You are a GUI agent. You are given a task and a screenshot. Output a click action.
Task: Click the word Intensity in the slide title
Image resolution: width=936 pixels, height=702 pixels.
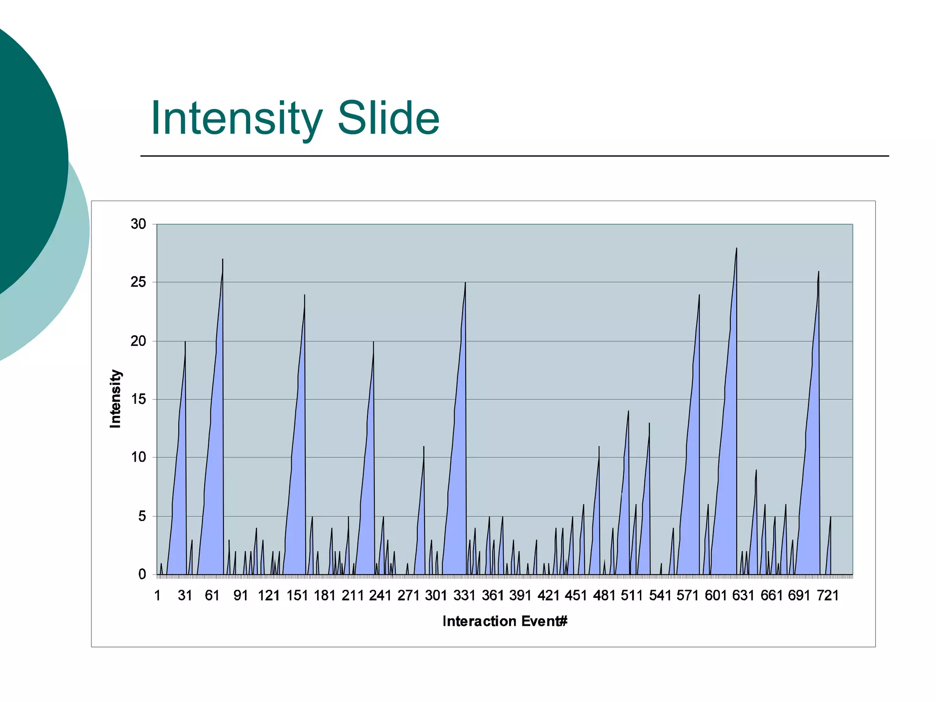pos(236,119)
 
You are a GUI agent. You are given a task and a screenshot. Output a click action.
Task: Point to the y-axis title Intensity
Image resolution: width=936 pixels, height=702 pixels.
pos(116,399)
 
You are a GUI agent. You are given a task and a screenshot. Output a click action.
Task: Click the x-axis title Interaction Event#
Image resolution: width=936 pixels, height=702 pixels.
pos(505,621)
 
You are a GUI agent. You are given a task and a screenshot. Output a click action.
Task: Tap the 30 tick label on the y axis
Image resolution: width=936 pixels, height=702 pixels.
pos(138,224)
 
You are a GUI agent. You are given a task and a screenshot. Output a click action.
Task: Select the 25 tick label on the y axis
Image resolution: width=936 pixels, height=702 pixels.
pos(138,282)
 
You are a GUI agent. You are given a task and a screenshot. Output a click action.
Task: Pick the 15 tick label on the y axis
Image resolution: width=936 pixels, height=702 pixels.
pos(138,399)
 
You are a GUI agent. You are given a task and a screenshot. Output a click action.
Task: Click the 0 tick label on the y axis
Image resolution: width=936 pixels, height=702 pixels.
pos(142,574)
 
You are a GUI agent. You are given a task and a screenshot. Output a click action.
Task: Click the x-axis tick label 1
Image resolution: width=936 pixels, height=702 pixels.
pos(158,596)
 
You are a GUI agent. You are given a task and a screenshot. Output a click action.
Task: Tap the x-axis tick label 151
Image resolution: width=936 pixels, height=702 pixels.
pos(297,596)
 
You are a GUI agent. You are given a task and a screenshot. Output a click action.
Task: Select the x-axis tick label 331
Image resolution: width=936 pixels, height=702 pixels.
pos(464,596)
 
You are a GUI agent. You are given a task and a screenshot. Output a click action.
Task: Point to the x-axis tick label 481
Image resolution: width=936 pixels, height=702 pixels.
pos(604,596)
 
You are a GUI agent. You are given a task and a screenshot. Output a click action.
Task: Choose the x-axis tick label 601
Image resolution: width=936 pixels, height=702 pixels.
pos(716,596)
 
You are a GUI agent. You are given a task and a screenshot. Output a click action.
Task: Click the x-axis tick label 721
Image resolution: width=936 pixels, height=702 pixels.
pos(828,596)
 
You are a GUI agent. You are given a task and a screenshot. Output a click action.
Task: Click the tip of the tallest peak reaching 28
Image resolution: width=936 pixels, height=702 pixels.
pos(737,249)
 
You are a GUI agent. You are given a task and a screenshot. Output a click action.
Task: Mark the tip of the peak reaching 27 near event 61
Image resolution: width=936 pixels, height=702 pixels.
pos(223,260)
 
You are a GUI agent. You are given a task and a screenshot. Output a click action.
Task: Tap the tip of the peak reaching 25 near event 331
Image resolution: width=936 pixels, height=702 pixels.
pos(465,283)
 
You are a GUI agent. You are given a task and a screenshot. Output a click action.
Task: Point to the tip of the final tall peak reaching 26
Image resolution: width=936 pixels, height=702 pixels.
pos(819,272)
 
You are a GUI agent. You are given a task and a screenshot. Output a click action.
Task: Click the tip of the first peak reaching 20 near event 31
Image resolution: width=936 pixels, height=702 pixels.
pos(185,342)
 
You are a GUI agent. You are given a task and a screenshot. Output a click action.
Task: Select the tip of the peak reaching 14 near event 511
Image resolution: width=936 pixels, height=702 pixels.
pos(628,411)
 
